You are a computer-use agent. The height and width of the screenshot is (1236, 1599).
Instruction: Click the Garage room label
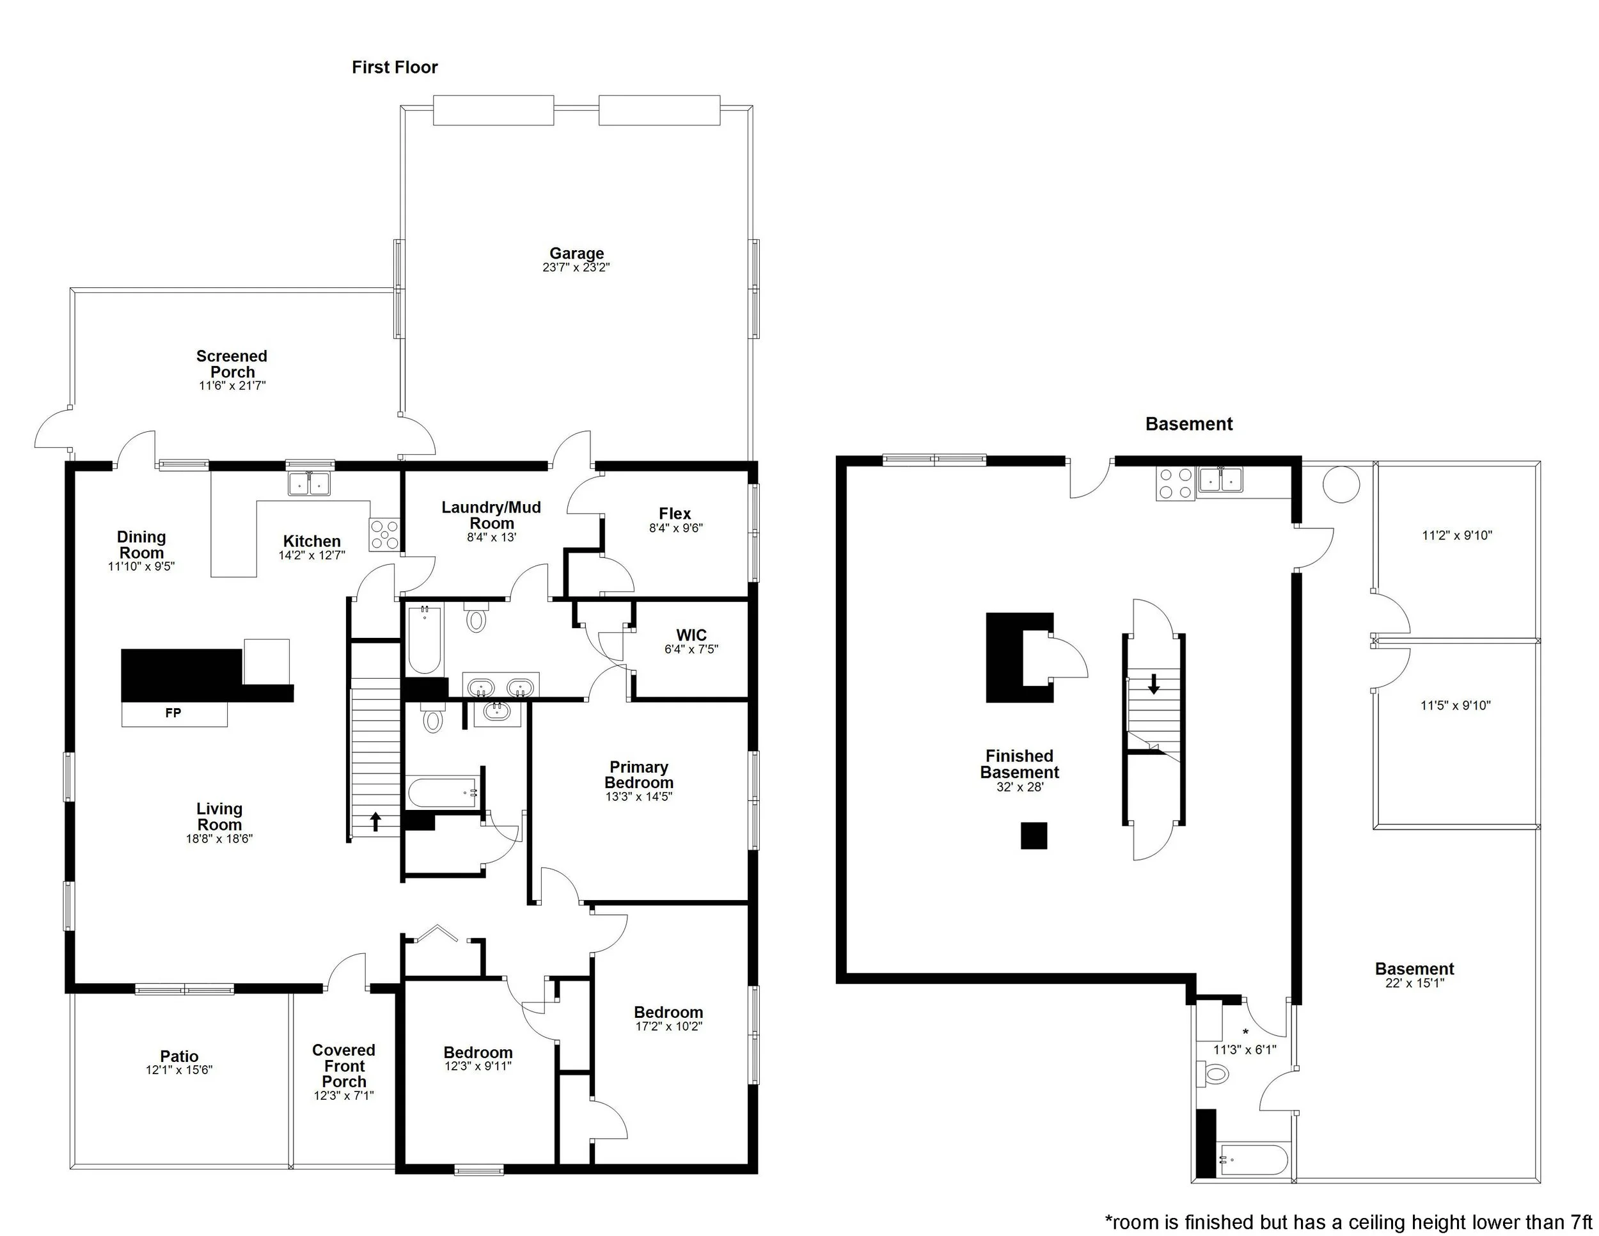click(x=576, y=254)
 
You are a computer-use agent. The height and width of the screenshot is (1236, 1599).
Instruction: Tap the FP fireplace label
click(x=173, y=713)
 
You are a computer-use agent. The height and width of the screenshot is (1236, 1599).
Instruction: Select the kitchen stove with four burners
click(x=384, y=535)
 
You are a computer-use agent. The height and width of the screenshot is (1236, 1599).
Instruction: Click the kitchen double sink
click(x=310, y=483)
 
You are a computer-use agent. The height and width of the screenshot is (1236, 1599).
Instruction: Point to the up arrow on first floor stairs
click(x=375, y=821)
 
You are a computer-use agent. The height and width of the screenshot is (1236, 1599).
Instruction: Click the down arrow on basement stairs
click(x=1154, y=684)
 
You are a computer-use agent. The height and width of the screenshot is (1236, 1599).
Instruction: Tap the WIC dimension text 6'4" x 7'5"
click(x=691, y=649)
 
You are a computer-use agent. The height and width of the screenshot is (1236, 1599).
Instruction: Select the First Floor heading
click(x=395, y=67)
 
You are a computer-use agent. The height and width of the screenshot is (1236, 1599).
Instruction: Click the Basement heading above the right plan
click(x=1188, y=424)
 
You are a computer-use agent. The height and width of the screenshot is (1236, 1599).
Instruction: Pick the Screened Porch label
click(x=232, y=364)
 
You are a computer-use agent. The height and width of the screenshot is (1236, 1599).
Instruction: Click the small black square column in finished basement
click(x=1034, y=836)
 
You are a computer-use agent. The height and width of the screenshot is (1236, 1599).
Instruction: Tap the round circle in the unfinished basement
click(x=1341, y=484)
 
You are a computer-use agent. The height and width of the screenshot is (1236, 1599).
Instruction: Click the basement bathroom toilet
click(x=1215, y=1074)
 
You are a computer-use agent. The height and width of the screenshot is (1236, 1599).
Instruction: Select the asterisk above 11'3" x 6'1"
click(x=1245, y=1033)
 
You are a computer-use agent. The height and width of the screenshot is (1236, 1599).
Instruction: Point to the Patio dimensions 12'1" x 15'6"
click(x=178, y=1070)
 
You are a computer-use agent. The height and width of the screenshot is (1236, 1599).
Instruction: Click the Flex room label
click(x=674, y=514)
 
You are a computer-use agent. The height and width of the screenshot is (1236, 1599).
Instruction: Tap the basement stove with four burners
click(x=1175, y=482)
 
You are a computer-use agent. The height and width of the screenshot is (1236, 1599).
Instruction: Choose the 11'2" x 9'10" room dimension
click(x=1456, y=535)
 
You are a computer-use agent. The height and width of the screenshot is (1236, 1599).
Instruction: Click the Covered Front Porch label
click(x=343, y=1065)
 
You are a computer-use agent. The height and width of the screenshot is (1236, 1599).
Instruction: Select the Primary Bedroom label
click(x=638, y=775)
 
